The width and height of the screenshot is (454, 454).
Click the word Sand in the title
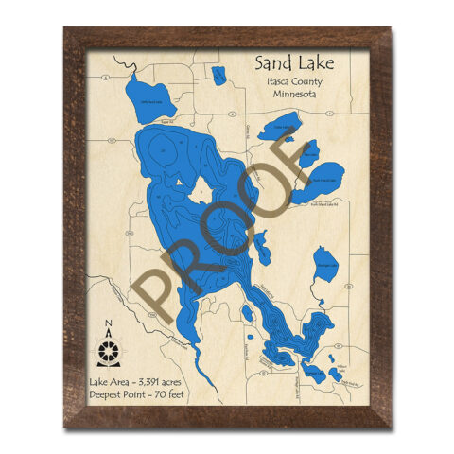(268, 65)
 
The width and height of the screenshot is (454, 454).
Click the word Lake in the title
(307, 65)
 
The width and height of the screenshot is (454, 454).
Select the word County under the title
(316, 82)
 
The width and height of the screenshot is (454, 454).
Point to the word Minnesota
(297, 96)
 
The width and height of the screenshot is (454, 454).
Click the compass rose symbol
(109, 352)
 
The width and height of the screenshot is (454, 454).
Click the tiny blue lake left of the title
(220, 76)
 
